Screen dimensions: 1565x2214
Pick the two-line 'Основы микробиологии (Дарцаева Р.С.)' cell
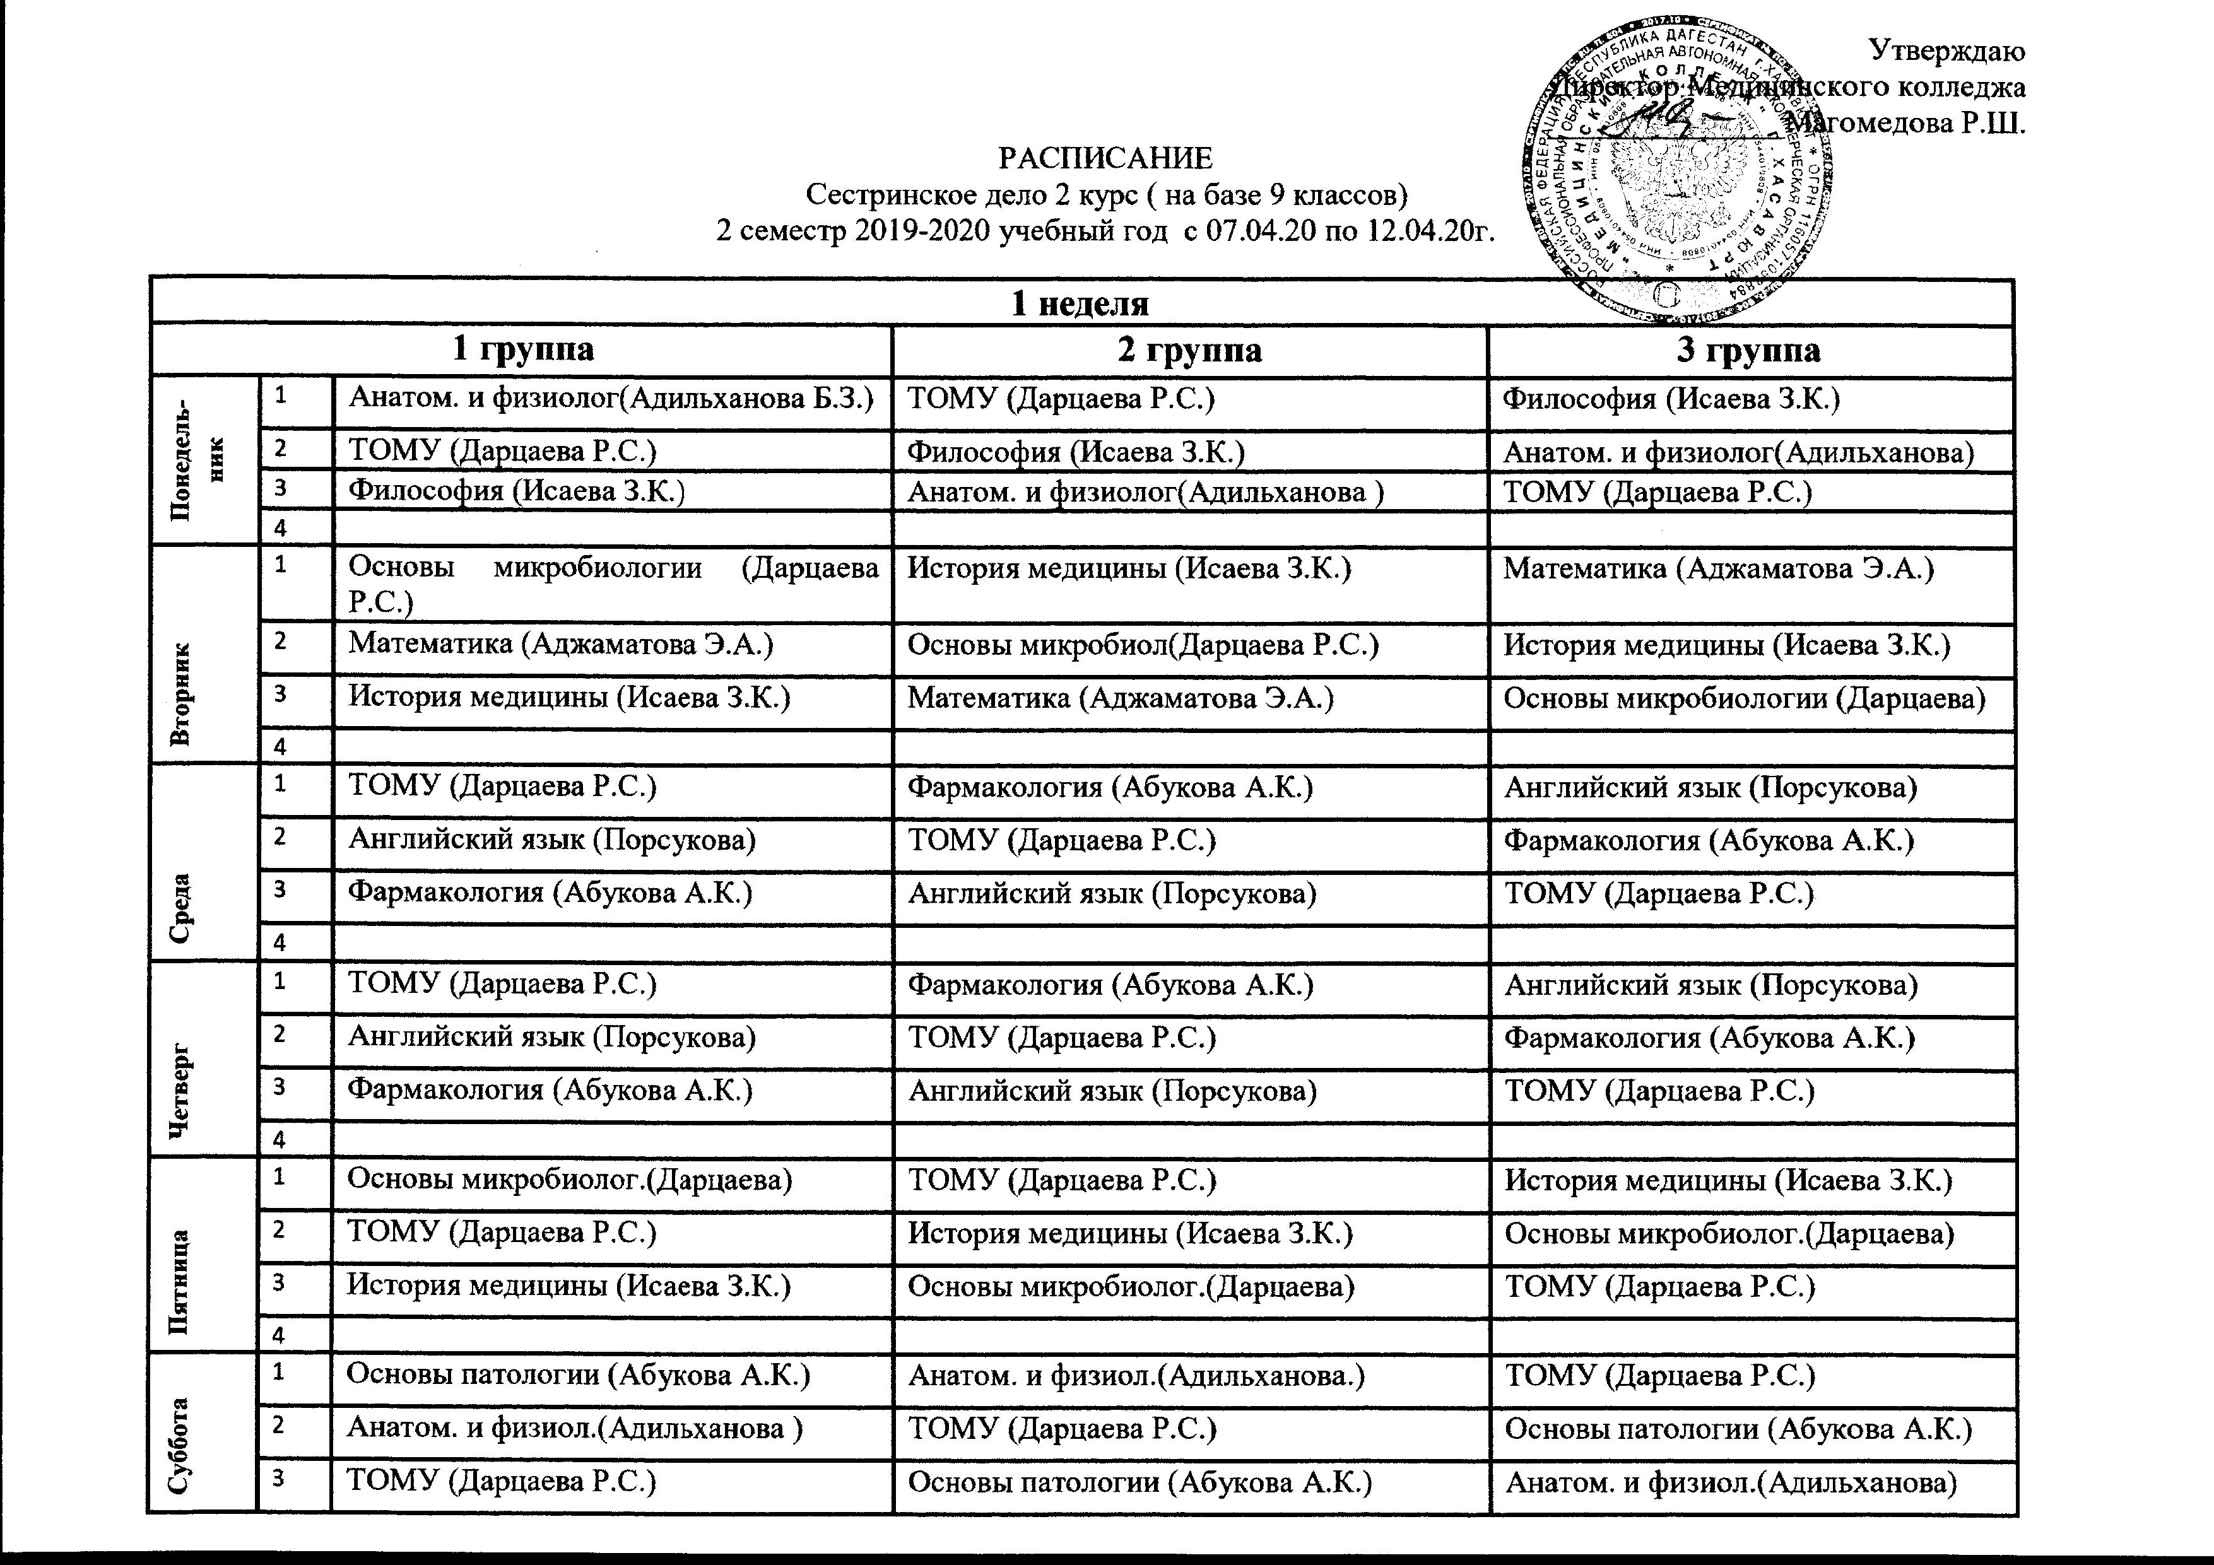612,584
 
